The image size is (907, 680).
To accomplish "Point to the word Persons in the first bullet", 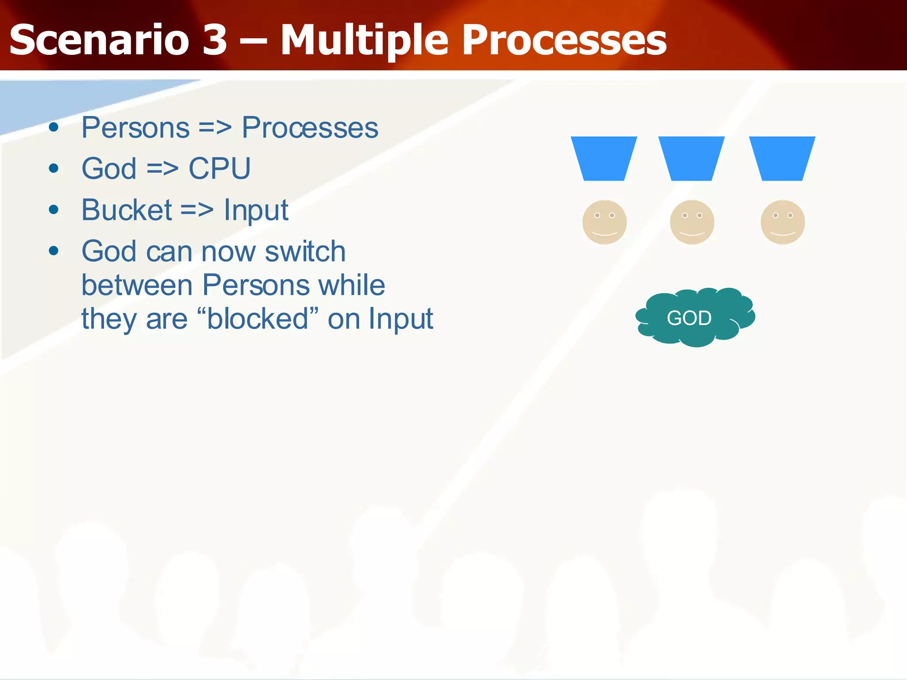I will [136, 128].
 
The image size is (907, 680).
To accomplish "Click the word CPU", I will [220, 169].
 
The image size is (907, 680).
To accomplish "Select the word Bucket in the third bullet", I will [127, 210].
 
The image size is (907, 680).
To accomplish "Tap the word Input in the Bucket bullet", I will [256, 211].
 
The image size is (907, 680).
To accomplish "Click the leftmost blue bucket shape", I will [604, 158].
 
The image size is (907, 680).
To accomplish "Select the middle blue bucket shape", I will [691, 158].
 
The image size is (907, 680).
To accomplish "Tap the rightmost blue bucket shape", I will [782, 158].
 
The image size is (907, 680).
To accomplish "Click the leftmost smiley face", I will [605, 222].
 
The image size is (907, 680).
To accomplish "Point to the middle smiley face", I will [692, 222].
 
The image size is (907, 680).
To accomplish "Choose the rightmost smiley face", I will [783, 222].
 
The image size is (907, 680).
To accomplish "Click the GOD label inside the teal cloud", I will [689, 318].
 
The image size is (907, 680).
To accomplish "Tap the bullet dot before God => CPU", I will [54, 169].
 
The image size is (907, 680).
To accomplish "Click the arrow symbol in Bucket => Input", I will [197, 210].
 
